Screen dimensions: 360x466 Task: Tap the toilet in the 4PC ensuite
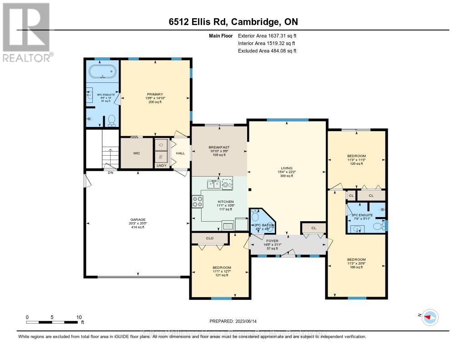(111, 122)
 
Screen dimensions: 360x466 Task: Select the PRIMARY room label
(155, 94)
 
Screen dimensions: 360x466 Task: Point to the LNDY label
(161, 166)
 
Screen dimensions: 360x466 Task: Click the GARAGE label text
(137, 219)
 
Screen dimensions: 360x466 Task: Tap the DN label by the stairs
(110, 173)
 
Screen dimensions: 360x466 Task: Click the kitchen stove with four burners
(198, 201)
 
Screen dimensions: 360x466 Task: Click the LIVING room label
(287, 168)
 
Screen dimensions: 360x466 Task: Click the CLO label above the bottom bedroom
(210, 238)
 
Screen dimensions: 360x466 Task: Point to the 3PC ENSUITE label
(362, 215)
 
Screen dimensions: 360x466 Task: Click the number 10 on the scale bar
(79, 317)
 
